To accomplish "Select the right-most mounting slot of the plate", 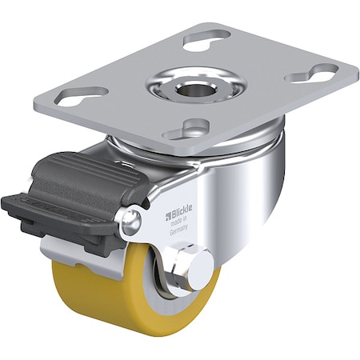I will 314,75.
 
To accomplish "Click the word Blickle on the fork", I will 183,214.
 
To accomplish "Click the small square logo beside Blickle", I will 170,214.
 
